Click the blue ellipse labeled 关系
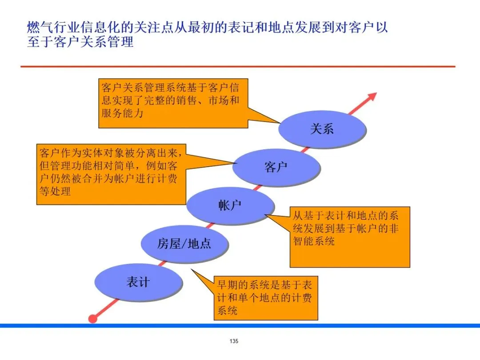click(322, 129)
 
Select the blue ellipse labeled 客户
click(276, 167)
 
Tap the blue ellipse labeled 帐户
click(230, 205)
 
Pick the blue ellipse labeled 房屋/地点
click(184, 243)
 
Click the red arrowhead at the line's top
click(372, 96)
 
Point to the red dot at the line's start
click(93, 318)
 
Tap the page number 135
click(234, 341)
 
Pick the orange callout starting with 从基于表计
click(349, 236)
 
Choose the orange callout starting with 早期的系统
click(266, 297)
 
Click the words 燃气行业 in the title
click(49, 28)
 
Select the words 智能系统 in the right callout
click(313, 241)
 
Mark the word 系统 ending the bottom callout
click(227, 310)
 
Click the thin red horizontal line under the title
click(238, 67)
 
